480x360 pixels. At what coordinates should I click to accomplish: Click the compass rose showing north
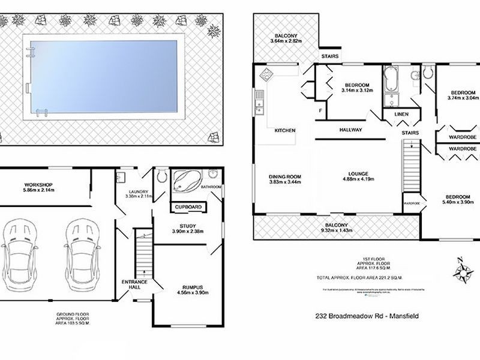coord(463,271)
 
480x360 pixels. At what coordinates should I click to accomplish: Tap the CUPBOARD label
coord(188,208)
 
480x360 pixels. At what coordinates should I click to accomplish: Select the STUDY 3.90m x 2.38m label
coord(188,228)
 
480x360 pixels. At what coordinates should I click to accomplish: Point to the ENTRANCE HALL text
coord(131,284)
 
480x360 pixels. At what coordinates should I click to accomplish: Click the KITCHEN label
coord(284,130)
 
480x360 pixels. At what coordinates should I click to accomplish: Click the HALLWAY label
coord(350,129)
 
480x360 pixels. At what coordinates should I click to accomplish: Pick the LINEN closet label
coord(401,115)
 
